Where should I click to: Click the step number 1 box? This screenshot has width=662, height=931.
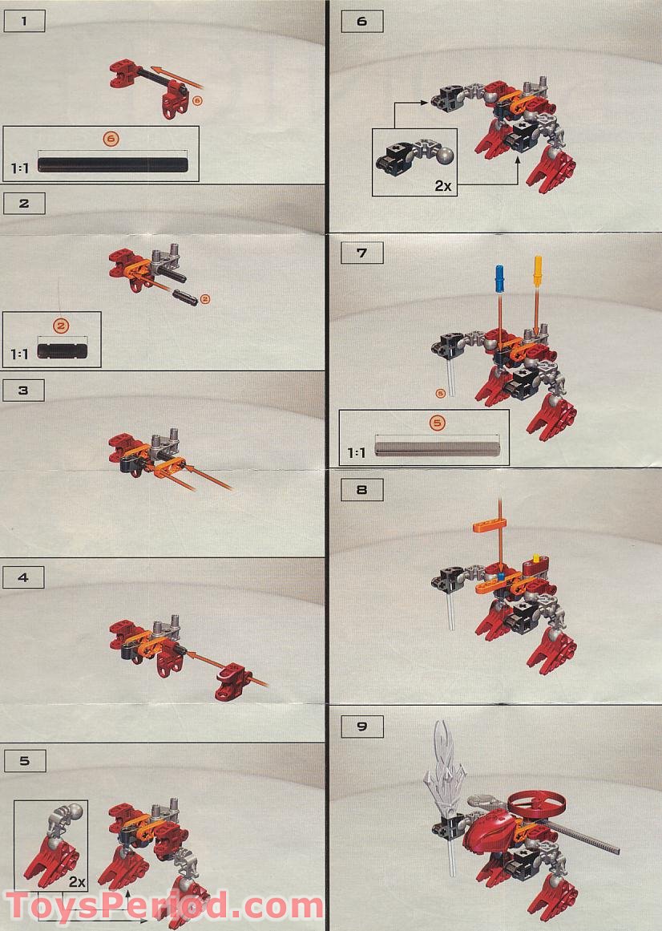tap(23, 22)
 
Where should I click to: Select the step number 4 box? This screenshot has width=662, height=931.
tap(23, 577)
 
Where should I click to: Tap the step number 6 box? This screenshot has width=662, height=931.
tap(361, 22)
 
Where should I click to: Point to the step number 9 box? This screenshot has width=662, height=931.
tap(361, 727)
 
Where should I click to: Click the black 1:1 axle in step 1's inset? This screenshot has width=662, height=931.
tap(112, 165)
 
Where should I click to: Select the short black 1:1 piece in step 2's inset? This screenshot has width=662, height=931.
tap(66, 350)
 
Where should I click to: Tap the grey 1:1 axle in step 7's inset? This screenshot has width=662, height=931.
tap(438, 447)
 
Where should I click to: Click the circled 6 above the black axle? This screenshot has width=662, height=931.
tap(111, 140)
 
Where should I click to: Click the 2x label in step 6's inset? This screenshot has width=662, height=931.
tap(442, 185)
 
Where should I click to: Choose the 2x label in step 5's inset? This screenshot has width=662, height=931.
tap(77, 881)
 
